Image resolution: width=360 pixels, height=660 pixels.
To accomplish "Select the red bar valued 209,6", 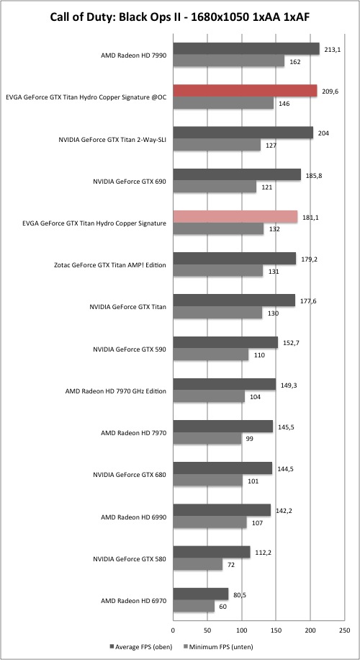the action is [245, 91].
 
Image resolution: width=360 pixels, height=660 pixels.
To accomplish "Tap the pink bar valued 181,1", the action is [235, 217].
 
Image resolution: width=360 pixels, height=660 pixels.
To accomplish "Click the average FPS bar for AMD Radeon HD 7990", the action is [246, 49].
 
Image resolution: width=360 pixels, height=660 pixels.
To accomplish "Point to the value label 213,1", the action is [332, 50].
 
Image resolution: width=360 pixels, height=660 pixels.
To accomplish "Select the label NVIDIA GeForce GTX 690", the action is [130, 182].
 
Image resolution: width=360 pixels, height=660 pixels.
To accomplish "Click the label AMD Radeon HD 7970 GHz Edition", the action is [116, 391].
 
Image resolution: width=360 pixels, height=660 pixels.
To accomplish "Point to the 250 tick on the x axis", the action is [344, 630].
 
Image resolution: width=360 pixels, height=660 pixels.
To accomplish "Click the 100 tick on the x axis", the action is [241, 630].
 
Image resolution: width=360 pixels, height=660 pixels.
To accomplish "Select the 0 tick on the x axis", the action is [173, 630].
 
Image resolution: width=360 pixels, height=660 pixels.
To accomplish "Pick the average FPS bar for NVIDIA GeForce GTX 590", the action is [225, 343].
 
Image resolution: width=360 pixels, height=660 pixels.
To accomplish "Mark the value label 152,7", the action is [290, 344].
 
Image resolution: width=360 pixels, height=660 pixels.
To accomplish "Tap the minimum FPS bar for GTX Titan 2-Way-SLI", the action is [217, 145].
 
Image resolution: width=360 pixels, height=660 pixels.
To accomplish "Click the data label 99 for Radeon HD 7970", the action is [249, 440].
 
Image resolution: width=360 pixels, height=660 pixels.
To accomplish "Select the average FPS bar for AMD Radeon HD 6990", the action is [222, 511].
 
